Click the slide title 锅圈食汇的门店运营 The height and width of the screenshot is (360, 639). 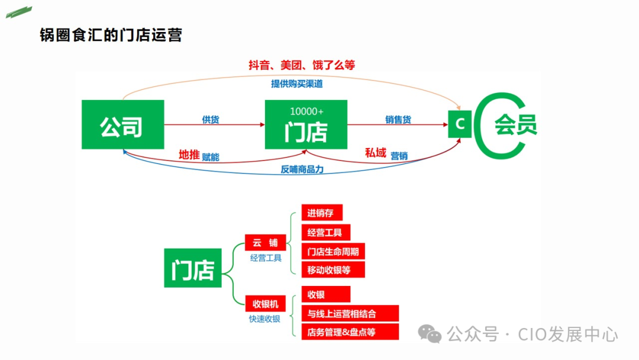pos(110,35)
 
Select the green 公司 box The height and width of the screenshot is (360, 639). pos(122,124)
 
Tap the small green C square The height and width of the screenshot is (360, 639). pos(460,124)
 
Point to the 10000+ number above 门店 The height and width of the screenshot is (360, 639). pos(306,111)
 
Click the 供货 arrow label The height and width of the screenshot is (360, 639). pos(211,120)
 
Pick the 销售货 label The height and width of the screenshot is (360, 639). pos(398,120)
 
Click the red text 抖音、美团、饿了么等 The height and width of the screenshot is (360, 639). pos(301,65)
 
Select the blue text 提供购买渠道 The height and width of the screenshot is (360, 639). pos(297,83)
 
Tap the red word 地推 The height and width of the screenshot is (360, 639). pos(189,155)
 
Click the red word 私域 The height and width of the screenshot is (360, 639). pos(375,153)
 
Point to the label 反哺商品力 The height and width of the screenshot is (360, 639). pos(302,169)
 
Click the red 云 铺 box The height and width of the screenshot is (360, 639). pos(265,243)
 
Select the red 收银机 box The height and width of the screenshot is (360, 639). pos(265,304)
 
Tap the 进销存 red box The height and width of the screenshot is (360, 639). pos(322,213)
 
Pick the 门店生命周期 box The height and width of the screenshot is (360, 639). pos(333,251)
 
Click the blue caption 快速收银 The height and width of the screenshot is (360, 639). pos(264,319)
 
